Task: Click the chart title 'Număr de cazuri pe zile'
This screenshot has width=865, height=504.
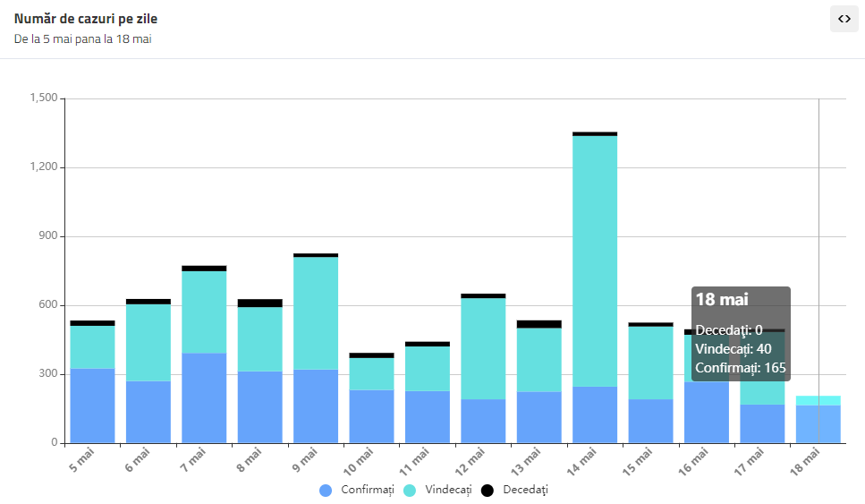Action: [x=86, y=19]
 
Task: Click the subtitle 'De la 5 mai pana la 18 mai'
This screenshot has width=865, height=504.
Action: [x=82, y=39]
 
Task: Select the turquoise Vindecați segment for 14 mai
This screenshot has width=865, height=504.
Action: [x=595, y=260]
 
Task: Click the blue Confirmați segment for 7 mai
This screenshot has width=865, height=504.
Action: [x=204, y=397]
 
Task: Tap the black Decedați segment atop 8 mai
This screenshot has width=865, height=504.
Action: [x=259, y=303]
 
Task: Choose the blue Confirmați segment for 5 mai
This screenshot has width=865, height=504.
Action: [x=92, y=405]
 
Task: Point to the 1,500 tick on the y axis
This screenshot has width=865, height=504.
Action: [x=43, y=98]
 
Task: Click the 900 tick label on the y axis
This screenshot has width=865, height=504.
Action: [x=47, y=236]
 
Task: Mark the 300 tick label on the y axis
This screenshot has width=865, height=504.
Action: [x=47, y=374]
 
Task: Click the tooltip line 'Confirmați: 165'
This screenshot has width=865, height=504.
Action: [x=741, y=368]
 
